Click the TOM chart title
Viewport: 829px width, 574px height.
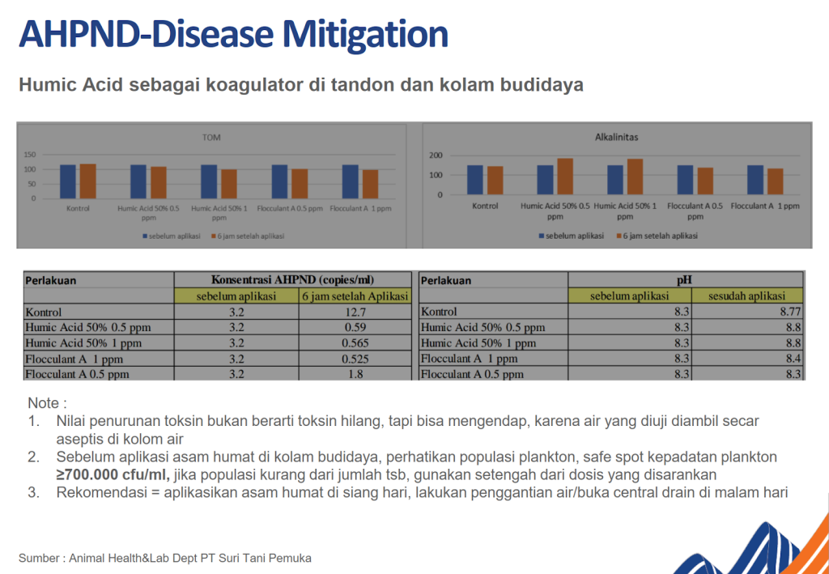pyautogui.click(x=211, y=138)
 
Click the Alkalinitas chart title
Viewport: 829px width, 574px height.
pyautogui.click(x=616, y=137)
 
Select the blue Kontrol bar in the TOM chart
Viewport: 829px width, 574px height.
pyautogui.click(x=68, y=181)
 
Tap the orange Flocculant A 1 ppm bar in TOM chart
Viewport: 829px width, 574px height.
pyautogui.click(x=370, y=184)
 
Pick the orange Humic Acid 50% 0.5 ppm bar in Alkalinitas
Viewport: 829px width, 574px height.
pyautogui.click(x=564, y=176)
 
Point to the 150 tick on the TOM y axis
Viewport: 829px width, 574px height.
pyautogui.click(x=30, y=155)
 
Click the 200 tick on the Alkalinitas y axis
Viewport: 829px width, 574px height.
pyautogui.click(x=435, y=155)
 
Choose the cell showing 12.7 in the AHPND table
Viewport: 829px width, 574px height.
pyautogui.click(x=355, y=312)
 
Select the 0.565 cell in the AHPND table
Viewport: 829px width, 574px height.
pyautogui.click(x=355, y=342)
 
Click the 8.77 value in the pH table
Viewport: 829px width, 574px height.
pyautogui.click(x=789, y=312)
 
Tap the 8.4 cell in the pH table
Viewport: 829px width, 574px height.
pyautogui.click(x=793, y=358)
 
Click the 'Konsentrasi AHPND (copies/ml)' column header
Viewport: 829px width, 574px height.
pyautogui.click(x=293, y=280)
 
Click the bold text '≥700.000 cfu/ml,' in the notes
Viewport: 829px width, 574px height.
pyautogui.click(x=113, y=474)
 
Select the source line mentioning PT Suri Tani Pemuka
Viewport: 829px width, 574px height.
pyautogui.click(x=165, y=558)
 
